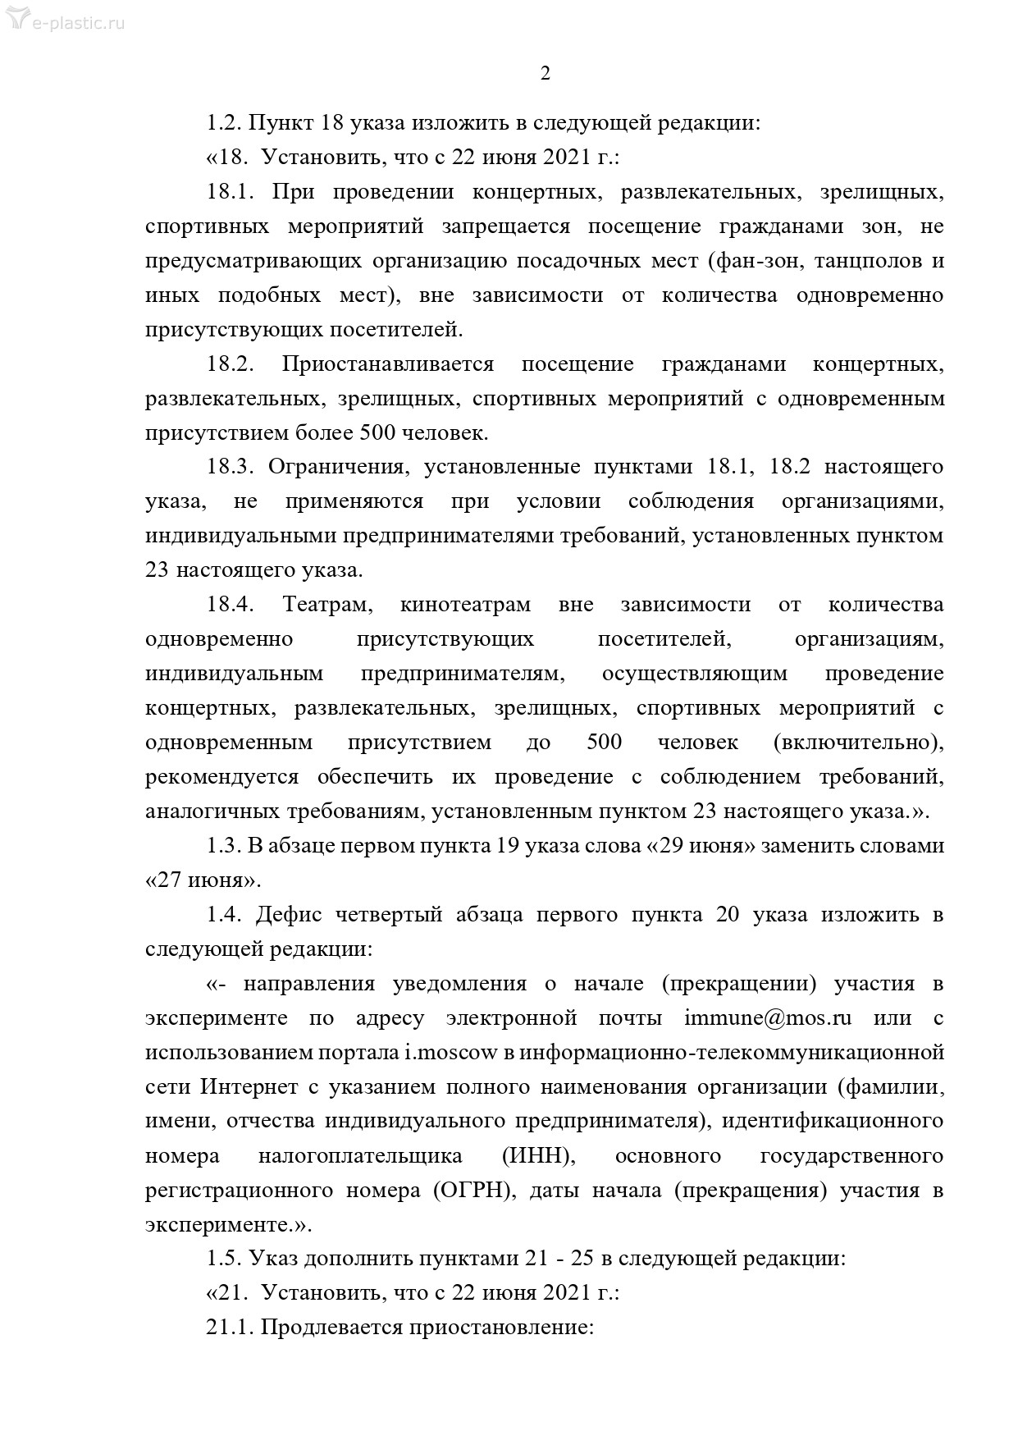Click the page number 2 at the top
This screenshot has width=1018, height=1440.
(546, 74)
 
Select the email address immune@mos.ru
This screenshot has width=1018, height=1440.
(768, 1018)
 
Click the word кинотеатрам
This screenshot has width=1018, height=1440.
(465, 605)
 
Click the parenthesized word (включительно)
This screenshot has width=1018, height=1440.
(858, 743)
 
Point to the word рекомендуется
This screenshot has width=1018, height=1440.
(221, 777)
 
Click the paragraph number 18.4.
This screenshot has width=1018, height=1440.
(231, 605)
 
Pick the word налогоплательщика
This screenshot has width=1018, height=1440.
(360, 1156)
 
